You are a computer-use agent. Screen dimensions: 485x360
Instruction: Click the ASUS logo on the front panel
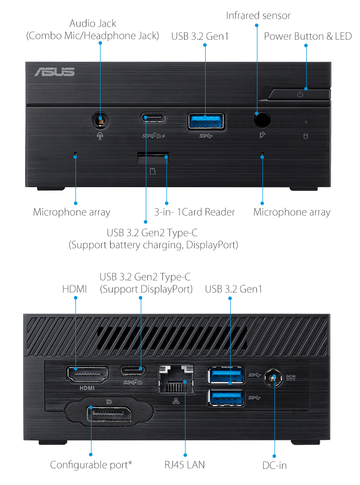(54, 72)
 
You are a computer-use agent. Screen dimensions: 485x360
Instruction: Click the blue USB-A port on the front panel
(206, 121)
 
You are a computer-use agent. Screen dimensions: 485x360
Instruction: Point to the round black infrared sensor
(262, 119)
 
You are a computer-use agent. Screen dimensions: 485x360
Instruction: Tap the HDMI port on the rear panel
(87, 374)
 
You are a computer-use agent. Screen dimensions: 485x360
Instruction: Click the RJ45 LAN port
(176, 378)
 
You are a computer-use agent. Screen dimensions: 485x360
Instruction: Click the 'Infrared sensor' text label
(258, 16)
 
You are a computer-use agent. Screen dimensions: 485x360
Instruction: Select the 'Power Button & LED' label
(308, 36)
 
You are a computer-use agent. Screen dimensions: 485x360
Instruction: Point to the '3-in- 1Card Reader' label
(195, 212)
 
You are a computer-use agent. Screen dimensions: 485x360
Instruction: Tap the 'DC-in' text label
(275, 465)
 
